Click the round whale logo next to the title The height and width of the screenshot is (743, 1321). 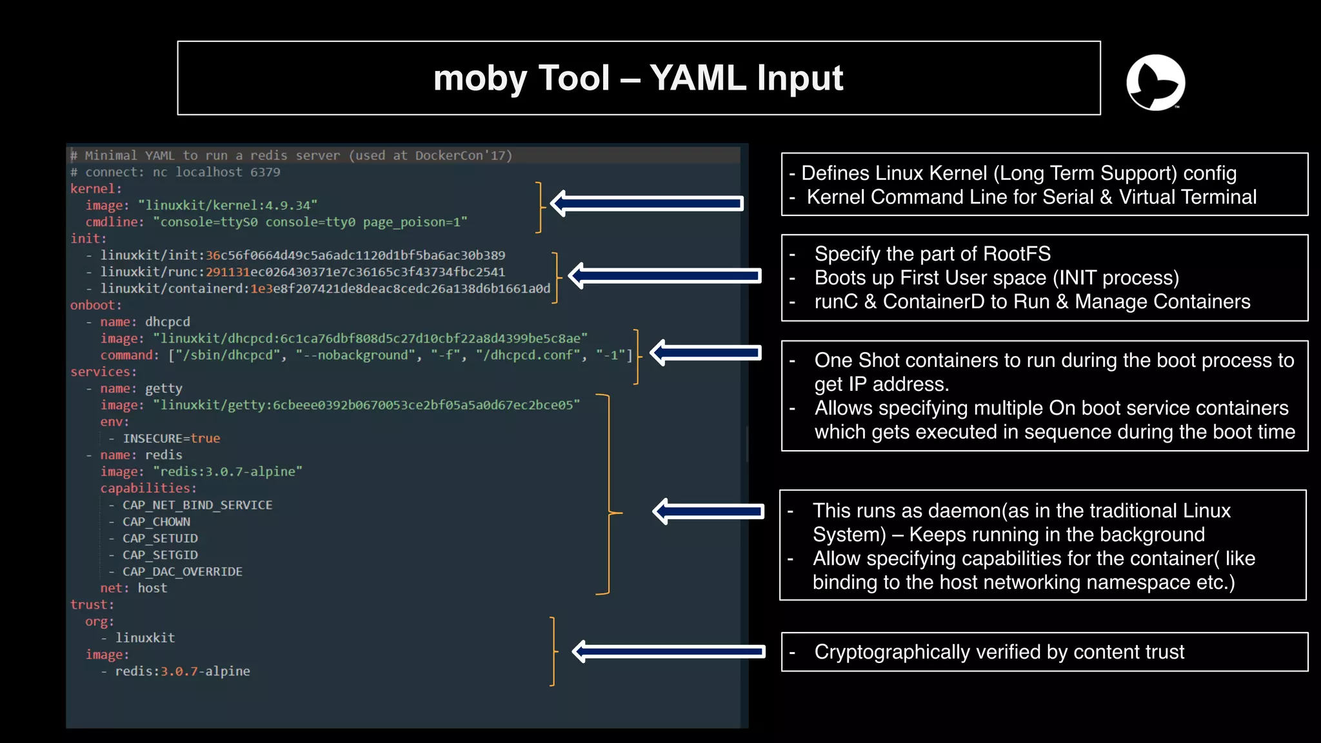1155,83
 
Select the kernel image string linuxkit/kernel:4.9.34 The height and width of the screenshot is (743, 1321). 227,205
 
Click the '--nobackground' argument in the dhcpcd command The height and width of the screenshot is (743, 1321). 356,355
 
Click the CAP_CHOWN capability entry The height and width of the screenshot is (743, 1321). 156,522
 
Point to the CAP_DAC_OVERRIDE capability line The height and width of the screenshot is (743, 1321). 183,571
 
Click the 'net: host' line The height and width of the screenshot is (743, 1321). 134,588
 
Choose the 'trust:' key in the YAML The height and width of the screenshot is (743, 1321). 92,604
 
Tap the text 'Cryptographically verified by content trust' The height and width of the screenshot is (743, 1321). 998,652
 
